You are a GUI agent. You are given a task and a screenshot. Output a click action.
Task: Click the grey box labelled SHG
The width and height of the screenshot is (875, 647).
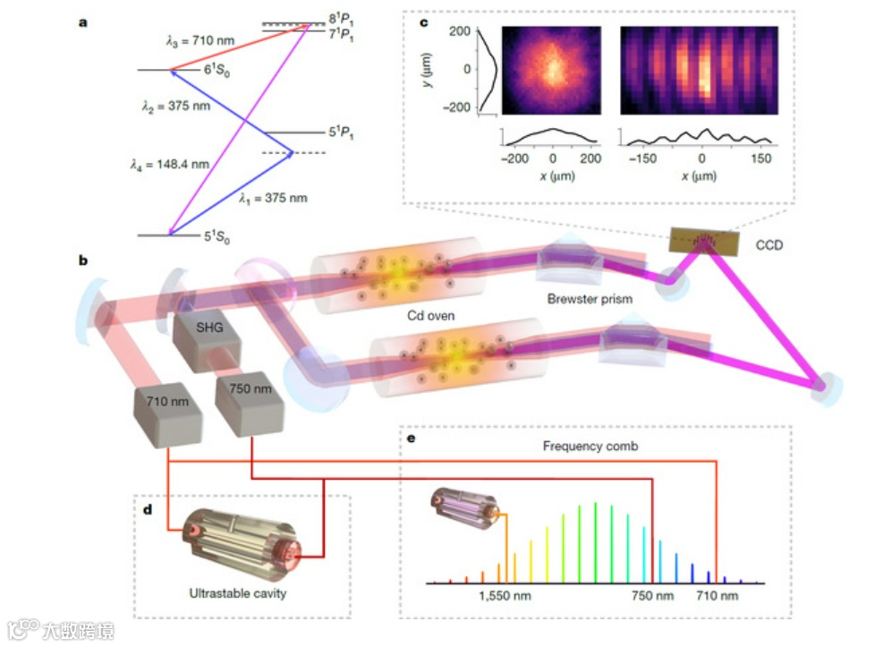click(205, 329)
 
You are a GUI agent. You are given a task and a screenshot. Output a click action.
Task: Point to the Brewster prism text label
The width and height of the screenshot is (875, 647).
click(590, 299)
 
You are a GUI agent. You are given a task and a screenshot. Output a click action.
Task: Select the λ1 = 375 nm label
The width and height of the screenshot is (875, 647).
click(273, 198)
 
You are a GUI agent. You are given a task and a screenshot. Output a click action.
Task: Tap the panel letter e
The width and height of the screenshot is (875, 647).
click(410, 439)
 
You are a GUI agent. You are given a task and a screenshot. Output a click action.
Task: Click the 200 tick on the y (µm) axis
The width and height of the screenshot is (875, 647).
click(460, 31)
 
